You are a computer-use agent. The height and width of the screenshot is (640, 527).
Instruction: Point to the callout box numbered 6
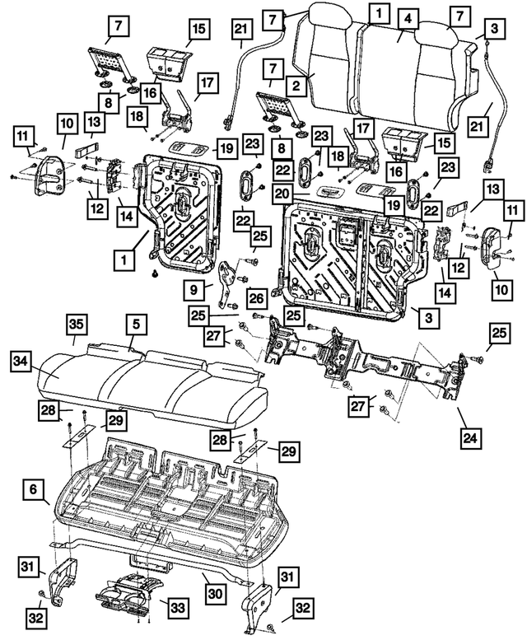[x=34, y=490]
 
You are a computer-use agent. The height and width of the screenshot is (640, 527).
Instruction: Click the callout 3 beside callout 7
[x=492, y=28]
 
